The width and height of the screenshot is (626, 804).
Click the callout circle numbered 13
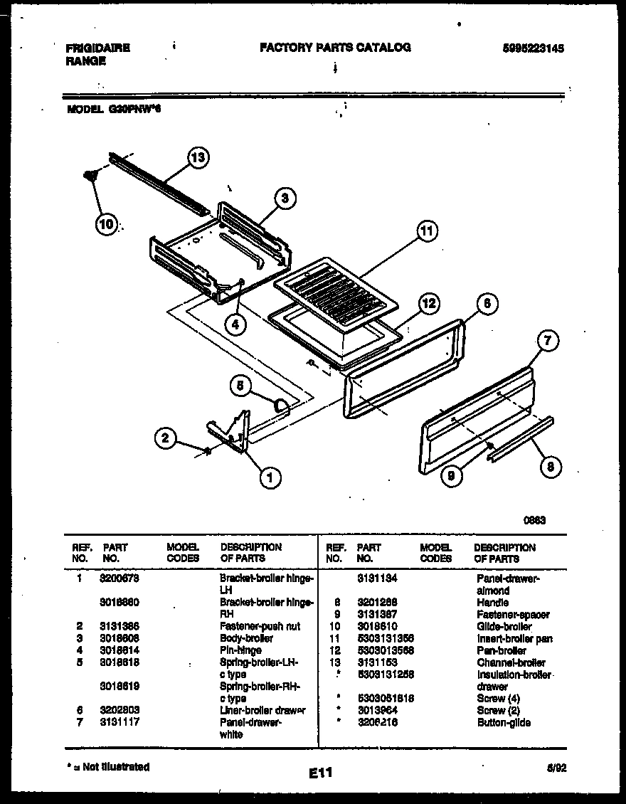pyautogui.click(x=198, y=158)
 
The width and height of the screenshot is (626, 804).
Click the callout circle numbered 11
pyautogui.click(x=426, y=231)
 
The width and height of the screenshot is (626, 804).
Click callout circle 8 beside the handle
pyautogui.click(x=550, y=467)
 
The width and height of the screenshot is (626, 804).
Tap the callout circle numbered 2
pyautogui.click(x=165, y=438)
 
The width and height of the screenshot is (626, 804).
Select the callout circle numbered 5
pyautogui.click(x=241, y=386)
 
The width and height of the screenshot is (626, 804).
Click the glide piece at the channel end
pyautogui.click(x=90, y=174)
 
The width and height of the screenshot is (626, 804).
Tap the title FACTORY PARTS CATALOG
pyautogui.click(x=335, y=48)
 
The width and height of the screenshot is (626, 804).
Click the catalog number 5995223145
pyautogui.click(x=533, y=48)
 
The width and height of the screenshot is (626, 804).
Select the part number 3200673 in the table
pyautogui.click(x=118, y=579)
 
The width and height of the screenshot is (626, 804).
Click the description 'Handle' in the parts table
pyautogui.click(x=492, y=602)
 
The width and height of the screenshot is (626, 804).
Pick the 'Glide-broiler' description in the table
pyautogui.click(x=504, y=627)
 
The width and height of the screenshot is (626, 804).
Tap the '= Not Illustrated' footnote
pyautogui.click(x=107, y=767)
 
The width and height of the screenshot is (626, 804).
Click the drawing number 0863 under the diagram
pyautogui.click(x=534, y=520)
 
